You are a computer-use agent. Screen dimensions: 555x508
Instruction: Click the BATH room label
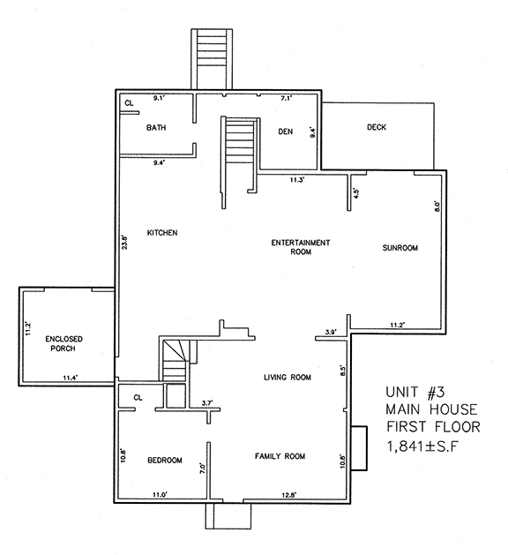(x=156, y=128)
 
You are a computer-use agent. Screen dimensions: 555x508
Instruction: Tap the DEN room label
(x=285, y=131)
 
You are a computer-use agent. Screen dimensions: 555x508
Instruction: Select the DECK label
(x=377, y=128)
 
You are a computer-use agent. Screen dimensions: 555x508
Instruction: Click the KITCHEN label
(x=162, y=233)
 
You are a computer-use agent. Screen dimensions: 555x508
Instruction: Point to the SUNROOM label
(x=400, y=248)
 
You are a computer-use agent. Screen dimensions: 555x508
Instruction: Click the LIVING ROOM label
(x=288, y=378)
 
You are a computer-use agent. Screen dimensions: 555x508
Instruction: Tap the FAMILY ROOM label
(x=280, y=456)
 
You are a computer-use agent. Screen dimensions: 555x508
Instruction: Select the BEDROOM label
(x=165, y=461)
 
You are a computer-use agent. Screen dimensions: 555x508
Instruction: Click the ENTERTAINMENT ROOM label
(x=301, y=246)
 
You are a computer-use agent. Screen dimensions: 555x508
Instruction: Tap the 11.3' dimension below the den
(x=297, y=180)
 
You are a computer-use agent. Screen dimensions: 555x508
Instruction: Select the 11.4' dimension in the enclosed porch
(x=71, y=379)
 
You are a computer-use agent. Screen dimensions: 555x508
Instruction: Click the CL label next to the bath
(x=129, y=103)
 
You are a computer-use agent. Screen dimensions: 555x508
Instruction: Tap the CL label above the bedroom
(x=138, y=398)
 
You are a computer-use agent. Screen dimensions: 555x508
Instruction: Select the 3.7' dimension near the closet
(x=208, y=402)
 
